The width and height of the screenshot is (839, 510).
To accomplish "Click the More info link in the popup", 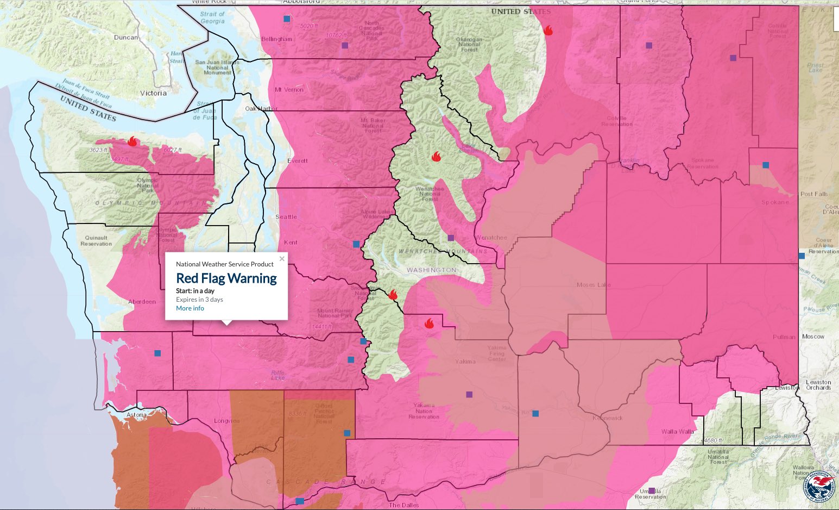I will (190, 308).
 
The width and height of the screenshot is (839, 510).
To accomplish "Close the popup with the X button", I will (282, 259).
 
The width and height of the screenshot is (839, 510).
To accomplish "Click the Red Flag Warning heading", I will (226, 278).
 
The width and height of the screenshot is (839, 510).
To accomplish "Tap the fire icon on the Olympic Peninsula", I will (132, 141).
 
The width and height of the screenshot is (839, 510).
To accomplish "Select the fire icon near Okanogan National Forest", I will (548, 30).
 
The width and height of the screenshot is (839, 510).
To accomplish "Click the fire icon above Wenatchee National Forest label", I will (436, 157).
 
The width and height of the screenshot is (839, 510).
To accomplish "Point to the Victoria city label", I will (153, 93).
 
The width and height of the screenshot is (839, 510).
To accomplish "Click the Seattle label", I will (286, 217).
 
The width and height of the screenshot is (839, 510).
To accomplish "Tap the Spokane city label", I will (775, 202).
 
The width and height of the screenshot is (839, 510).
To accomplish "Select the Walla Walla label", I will (677, 432).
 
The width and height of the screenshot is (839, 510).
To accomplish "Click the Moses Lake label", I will (594, 285).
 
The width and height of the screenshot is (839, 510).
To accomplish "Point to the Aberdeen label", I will (142, 302).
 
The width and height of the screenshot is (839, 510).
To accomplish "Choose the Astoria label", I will (136, 415).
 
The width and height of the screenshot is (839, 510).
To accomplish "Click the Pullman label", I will (784, 337).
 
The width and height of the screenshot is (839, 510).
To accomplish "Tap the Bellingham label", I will (276, 39).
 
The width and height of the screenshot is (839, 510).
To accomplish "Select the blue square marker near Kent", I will (356, 244).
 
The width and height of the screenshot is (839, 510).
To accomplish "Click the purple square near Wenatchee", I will (450, 238).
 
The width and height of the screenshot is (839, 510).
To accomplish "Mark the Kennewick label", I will (607, 418).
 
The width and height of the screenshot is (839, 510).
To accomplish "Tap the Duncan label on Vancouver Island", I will (125, 38).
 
